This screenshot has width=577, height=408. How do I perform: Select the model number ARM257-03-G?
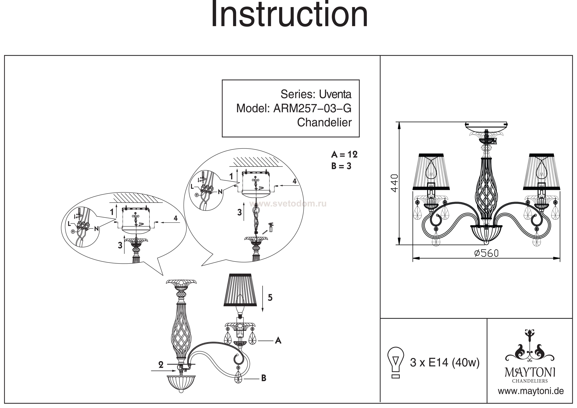tap(312, 109)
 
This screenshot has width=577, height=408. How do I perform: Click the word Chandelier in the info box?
tap(324, 123)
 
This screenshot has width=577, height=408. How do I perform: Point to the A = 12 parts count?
tap(344, 154)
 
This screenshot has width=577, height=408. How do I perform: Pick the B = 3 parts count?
tap(341, 166)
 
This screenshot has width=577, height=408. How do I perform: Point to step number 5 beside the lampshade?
tap(270, 298)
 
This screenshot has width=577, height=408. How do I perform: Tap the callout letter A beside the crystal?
tap(278, 341)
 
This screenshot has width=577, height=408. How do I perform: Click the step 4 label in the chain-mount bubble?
tap(295, 181)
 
